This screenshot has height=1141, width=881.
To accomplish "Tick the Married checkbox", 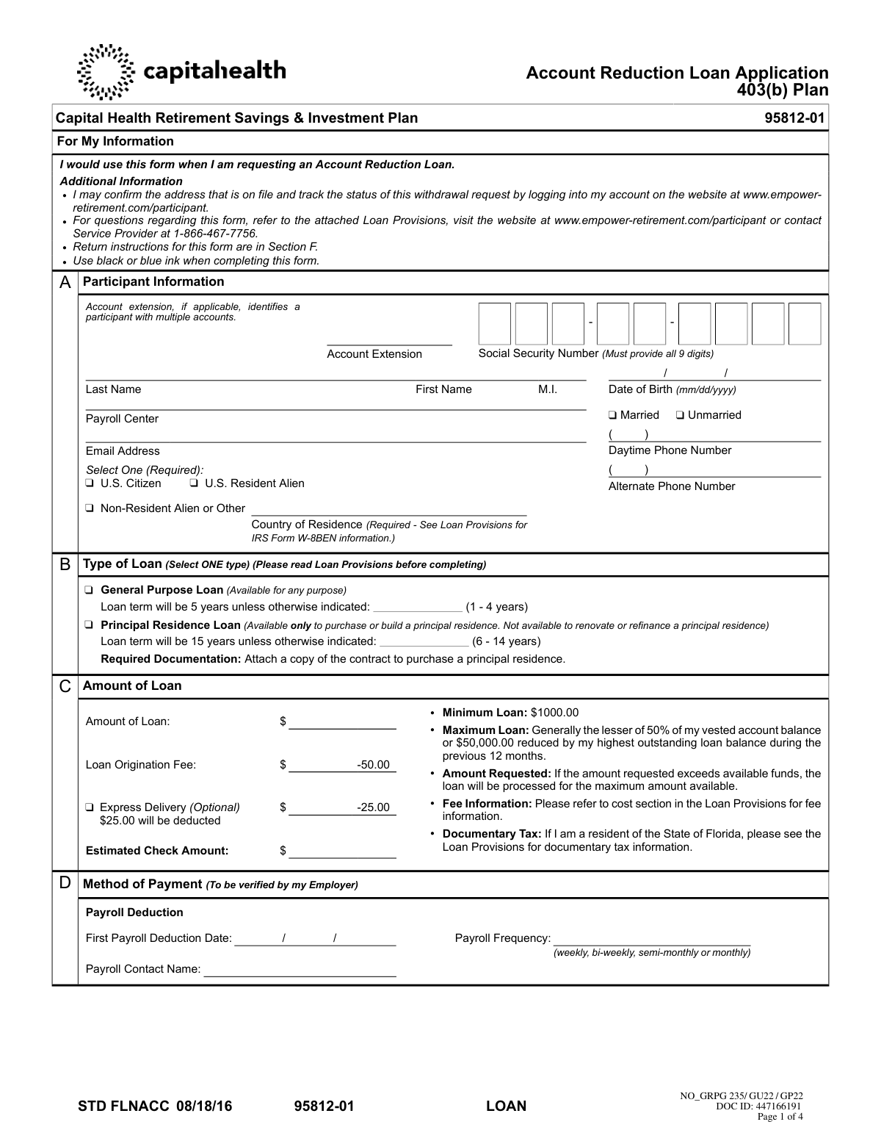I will tap(612, 416).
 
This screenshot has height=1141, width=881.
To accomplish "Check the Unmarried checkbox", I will tap(680, 416).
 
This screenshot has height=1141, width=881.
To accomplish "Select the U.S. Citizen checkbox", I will tap(90, 483).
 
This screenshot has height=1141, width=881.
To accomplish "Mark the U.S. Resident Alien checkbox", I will tap(194, 483).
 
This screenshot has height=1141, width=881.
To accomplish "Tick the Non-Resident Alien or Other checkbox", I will tap(90, 508).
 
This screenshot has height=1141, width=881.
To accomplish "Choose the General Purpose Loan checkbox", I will tap(89, 590).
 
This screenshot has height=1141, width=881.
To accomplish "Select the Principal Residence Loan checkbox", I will tap(89, 625).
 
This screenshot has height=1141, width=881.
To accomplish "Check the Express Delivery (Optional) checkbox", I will tap(90, 807).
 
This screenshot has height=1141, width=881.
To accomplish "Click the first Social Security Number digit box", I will tap(494, 324).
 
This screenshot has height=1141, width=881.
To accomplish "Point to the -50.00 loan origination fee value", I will tap(373, 765).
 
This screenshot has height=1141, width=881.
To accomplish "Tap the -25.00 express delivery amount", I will tap(373, 807).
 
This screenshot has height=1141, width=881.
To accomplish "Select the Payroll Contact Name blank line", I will tap(300, 971).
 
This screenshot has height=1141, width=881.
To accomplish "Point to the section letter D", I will tap(65, 884).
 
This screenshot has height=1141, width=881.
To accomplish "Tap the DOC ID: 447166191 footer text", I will tap(758, 1106).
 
